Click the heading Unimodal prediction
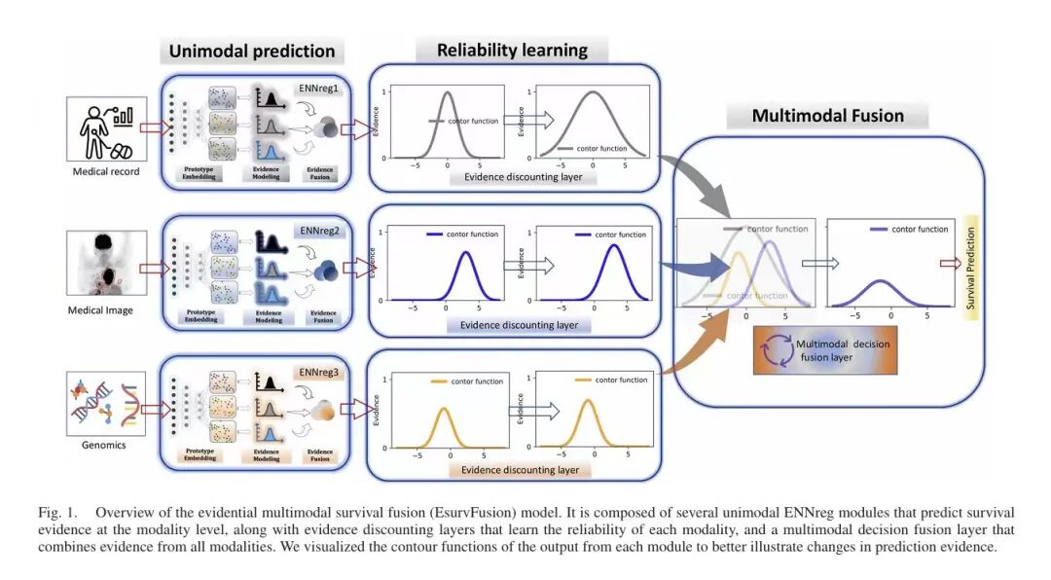pyautogui.click(x=252, y=52)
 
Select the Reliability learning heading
pyautogui.click(x=512, y=51)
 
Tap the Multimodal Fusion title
pyautogui.click(x=827, y=116)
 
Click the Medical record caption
pyautogui.click(x=105, y=172)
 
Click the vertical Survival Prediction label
pyautogui.click(x=969, y=263)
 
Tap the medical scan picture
pyautogui.click(x=107, y=263)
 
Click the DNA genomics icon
pyautogui.click(x=106, y=405)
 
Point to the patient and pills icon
pyautogui.click(x=106, y=128)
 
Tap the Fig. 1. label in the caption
pyautogui.click(x=56, y=512)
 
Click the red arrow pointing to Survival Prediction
pyautogui.click(x=948, y=263)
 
